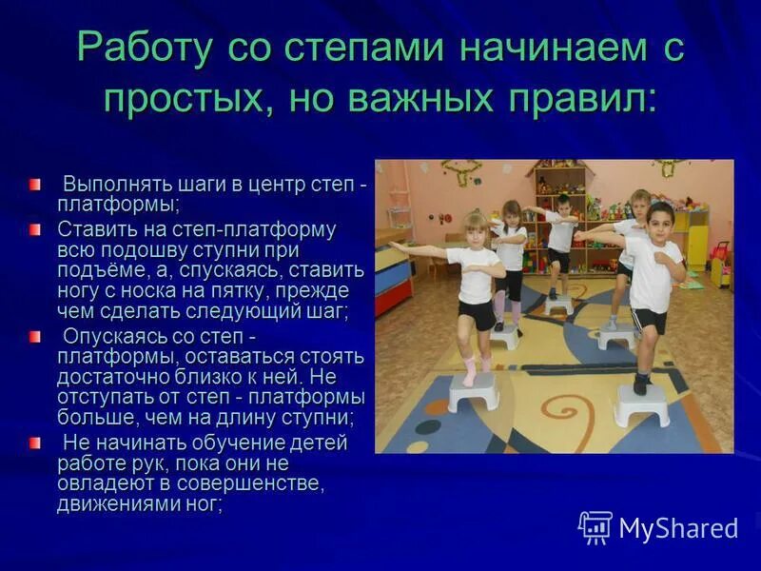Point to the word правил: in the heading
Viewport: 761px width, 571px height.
578,99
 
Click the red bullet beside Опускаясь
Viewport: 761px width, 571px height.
35,336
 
